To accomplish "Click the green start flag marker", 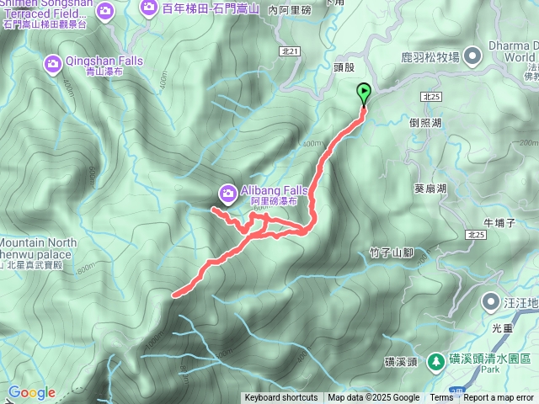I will click(364, 93).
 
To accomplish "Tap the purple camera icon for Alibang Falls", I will click(227, 194).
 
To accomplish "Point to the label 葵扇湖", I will click(430, 189).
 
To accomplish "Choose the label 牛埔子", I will click(499, 222).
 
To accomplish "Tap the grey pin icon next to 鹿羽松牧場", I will click(472, 56).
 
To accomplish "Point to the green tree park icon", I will click(436, 360).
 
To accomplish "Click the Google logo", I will click(31, 392).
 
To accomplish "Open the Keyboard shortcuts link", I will click(281, 398).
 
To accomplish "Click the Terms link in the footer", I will click(441, 398).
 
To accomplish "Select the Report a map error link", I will click(499, 398).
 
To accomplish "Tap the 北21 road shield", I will click(289, 51).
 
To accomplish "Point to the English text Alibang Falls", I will click(275, 190).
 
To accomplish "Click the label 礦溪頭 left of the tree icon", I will click(399, 361).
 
